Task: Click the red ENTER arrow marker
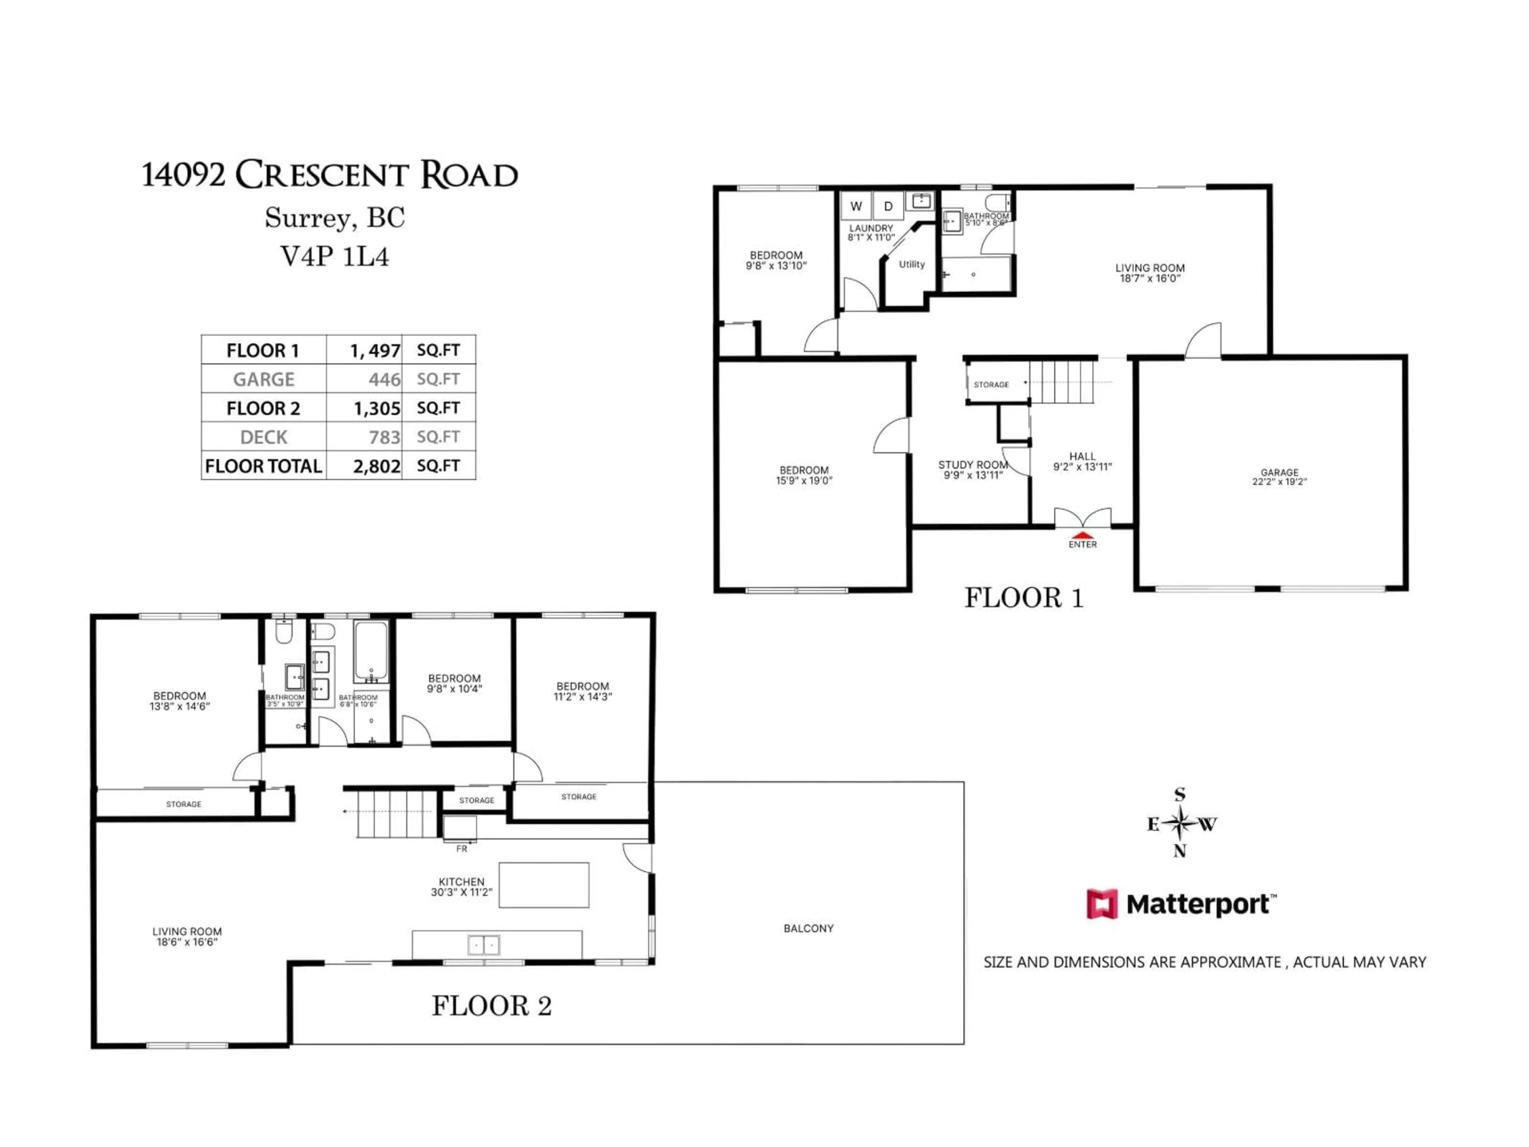(x=1083, y=534)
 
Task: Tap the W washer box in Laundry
(x=856, y=206)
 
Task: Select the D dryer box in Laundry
(x=888, y=206)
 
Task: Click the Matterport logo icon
(x=1102, y=904)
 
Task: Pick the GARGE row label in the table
(x=263, y=379)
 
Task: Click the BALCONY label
(x=808, y=928)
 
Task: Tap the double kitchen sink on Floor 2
(x=483, y=944)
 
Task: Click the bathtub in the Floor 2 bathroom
(x=371, y=651)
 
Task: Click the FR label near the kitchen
(x=461, y=848)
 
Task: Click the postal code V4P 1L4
(x=334, y=256)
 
